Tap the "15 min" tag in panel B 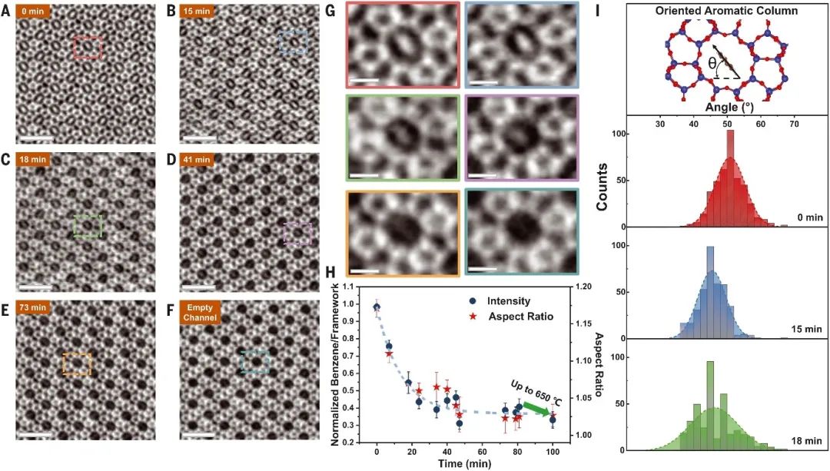pyautogui.click(x=203, y=13)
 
